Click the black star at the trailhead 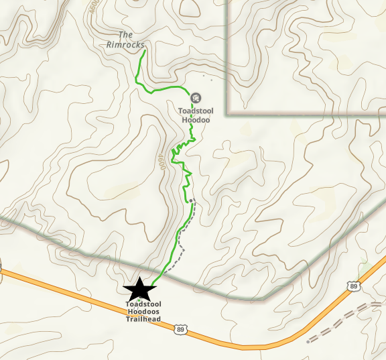click(x=140, y=290)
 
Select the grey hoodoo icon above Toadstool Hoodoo click(x=195, y=98)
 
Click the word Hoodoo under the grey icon click(x=196, y=120)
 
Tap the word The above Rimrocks click(x=125, y=35)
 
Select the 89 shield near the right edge click(x=353, y=286)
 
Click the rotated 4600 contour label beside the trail click(x=162, y=161)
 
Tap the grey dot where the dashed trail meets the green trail click(x=191, y=200)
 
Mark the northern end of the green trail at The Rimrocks click(x=144, y=50)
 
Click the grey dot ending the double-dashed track click(x=308, y=341)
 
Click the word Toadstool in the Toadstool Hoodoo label click(x=196, y=111)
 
